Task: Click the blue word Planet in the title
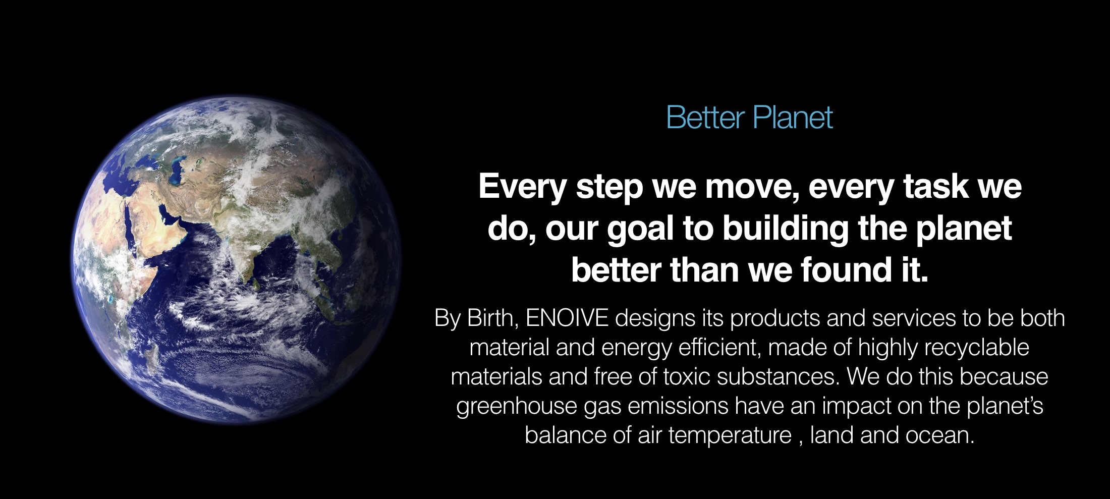792,118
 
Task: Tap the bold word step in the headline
609,187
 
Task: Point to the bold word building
785,228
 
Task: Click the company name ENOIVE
567,318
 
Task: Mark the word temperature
730,435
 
